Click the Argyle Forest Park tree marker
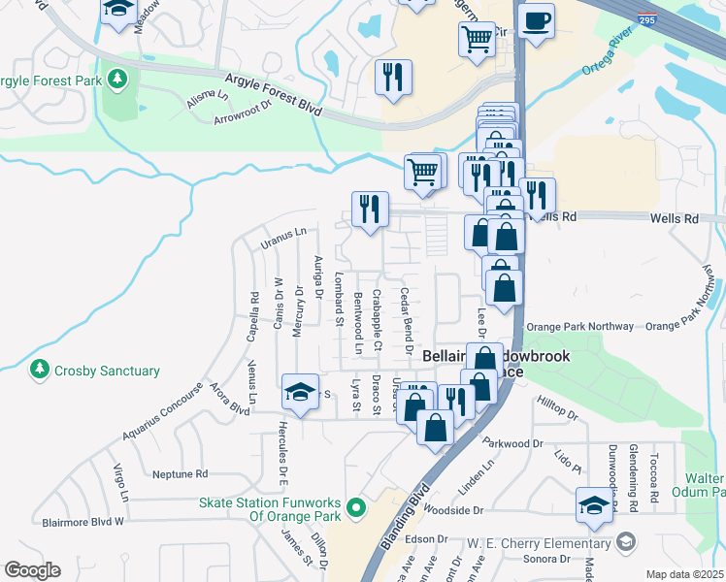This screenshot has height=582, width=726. (x=117, y=77)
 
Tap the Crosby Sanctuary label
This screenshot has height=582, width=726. (x=106, y=371)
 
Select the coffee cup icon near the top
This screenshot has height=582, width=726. (x=536, y=20)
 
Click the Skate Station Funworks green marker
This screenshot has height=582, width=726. (x=357, y=507)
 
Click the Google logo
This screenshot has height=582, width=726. (x=32, y=570)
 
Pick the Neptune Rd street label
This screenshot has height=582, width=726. (x=181, y=474)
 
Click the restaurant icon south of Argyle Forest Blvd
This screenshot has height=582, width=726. (x=393, y=77)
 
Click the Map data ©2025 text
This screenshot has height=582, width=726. (x=683, y=574)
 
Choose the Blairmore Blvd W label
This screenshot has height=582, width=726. (x=83, y=521)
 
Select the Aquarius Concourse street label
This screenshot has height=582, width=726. (x=165, y=422)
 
